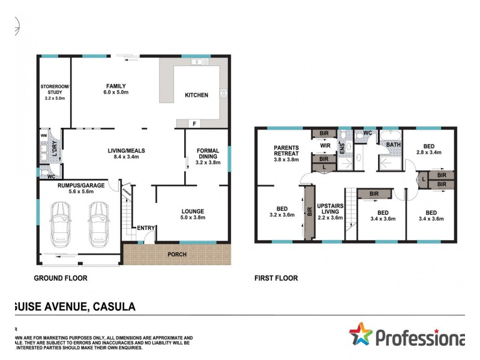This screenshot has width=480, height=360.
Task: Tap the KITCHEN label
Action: pyautogui.click(x=196, y=95)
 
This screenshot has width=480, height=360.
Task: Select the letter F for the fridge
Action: pyautogui.click(x=194, y=124)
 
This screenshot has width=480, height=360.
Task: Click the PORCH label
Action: pyautogui.click(x=177, y=254)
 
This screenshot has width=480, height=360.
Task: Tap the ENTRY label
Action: pyautogui.click(x=145, y=228)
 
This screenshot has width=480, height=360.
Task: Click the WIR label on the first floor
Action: pyautogui.click(x=324, y=145)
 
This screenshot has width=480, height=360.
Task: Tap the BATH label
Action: pyautogui.click(x=393, y=145)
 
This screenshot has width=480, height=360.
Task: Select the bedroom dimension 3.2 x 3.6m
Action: pyautogui.click(x=281, y=215)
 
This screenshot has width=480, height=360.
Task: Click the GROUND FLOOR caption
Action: pyautogui.click(x=60, y=278)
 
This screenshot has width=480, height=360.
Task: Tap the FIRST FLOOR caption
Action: pyautogui.click(x=276, y=278)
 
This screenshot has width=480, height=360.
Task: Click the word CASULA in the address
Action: pyautogui.click(x=113, y=307)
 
